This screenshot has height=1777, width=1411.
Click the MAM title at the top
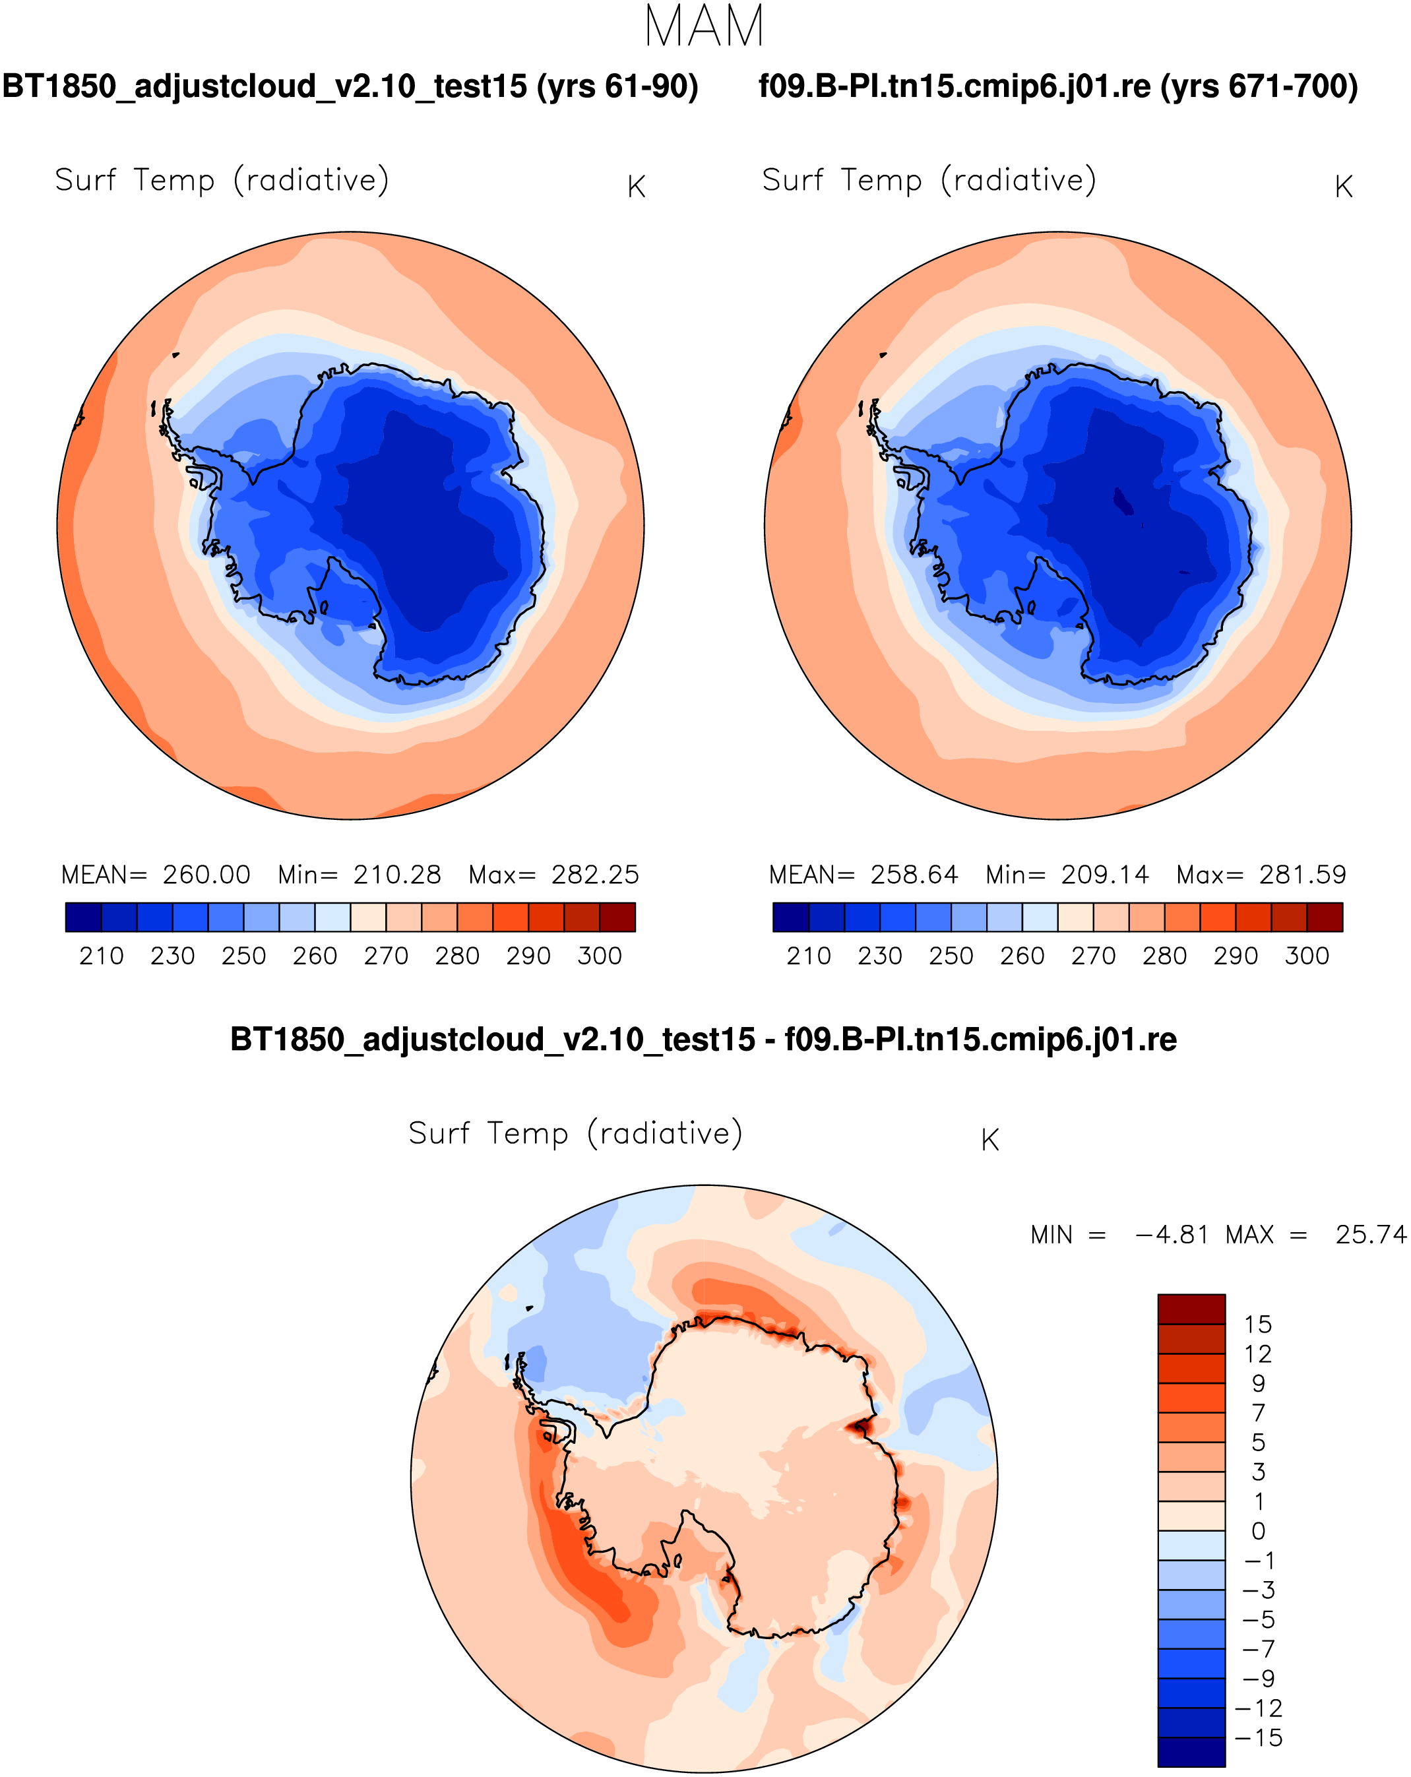(x=704, y=26)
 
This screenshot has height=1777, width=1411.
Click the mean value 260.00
(x=206, y=875)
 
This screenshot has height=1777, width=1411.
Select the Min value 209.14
(x=1104, y=875)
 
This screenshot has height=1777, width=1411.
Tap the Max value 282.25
(x=594, y=875)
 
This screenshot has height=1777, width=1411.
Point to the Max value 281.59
(x=1302, y=875)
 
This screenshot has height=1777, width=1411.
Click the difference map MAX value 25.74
(x=1371, y=1235)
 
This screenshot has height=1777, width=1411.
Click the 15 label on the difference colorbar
(x=1258, y=1325)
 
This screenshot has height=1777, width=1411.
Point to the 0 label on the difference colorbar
(x=1258, y=1530)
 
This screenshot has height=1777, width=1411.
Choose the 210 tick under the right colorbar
(x=809, y=956)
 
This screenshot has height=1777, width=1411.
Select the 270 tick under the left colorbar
(x=386, y=956)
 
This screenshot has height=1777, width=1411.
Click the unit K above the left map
(x=635, y=187)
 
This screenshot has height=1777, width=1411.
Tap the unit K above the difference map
(x=990, y=1140)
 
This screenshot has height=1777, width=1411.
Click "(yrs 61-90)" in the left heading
(x=617, y=86)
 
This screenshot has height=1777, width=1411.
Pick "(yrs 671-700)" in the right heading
(x=1259, y=86)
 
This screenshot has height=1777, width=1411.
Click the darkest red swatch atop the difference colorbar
(x=1191, y=1309)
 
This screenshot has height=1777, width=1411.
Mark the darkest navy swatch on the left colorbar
(x=83, y=916)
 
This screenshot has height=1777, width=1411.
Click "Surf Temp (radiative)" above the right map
(x=929, y=179)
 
